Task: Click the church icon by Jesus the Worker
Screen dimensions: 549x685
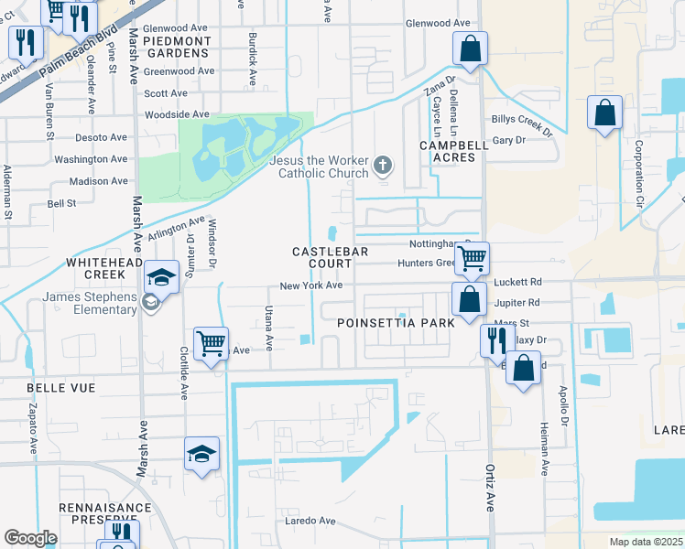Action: pyautogui.click(x=383, y=166)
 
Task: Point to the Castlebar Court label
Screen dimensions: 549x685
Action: pyautogui.click(x=321, y=257)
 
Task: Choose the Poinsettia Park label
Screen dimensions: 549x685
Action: pyautogui.click(x=395, y=323)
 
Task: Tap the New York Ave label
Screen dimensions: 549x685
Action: pyautogui.click(x=311, y=285)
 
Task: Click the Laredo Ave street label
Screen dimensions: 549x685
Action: pyautogui.click(x=309, y=521)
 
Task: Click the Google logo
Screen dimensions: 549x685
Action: pyautogui.click(x=30, y=538)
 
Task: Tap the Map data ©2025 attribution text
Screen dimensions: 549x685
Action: pyautogui.click(x=645, y=542)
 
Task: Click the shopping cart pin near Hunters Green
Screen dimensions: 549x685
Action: pyautogui.click(x=472, y=258)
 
